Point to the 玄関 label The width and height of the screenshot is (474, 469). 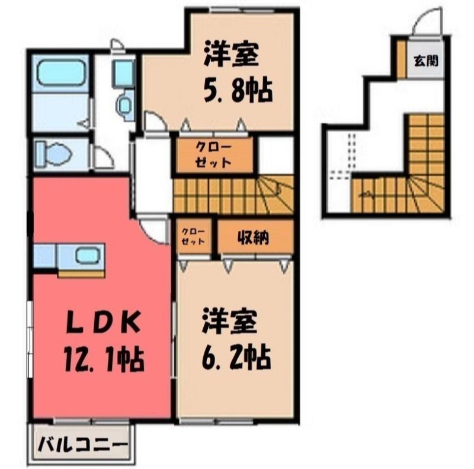[x=426, y=62]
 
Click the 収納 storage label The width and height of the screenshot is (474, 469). [x=253, y=238]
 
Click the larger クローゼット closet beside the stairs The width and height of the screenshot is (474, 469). [x=214, y=155]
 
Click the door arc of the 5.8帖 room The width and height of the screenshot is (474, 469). [x=156, y=120]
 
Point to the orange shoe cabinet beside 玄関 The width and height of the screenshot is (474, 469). [x=401, y=59]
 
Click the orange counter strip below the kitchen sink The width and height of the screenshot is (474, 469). [x=81, y=274]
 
